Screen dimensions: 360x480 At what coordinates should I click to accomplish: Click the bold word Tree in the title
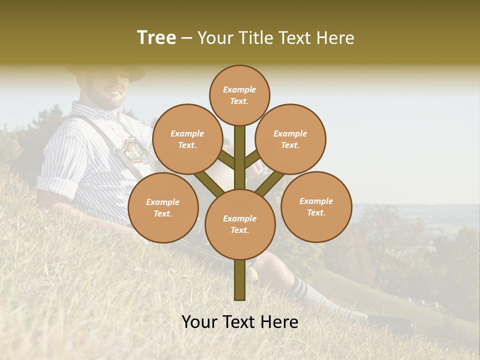pyautogui.click(x=156, y=37)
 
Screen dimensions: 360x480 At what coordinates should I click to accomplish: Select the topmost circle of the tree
pyautogui.click(x=239, y=95)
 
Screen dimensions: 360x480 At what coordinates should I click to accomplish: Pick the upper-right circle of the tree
pyautogui.click(x=290, y=139)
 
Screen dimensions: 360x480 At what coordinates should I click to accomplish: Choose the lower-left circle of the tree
pyautogui.click(x=163, y=207)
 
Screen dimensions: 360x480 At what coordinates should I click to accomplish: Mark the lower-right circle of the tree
pyautogui.click(x=316, y=206)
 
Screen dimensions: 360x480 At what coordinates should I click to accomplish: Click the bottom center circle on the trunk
pyautogui.click(x=239, y=224)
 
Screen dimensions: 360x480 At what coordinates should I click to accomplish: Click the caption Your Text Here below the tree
pyautogui.click(x=239, y=322)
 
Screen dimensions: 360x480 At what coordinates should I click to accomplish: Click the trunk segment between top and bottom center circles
pyautogui.click(x=239, y=157)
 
